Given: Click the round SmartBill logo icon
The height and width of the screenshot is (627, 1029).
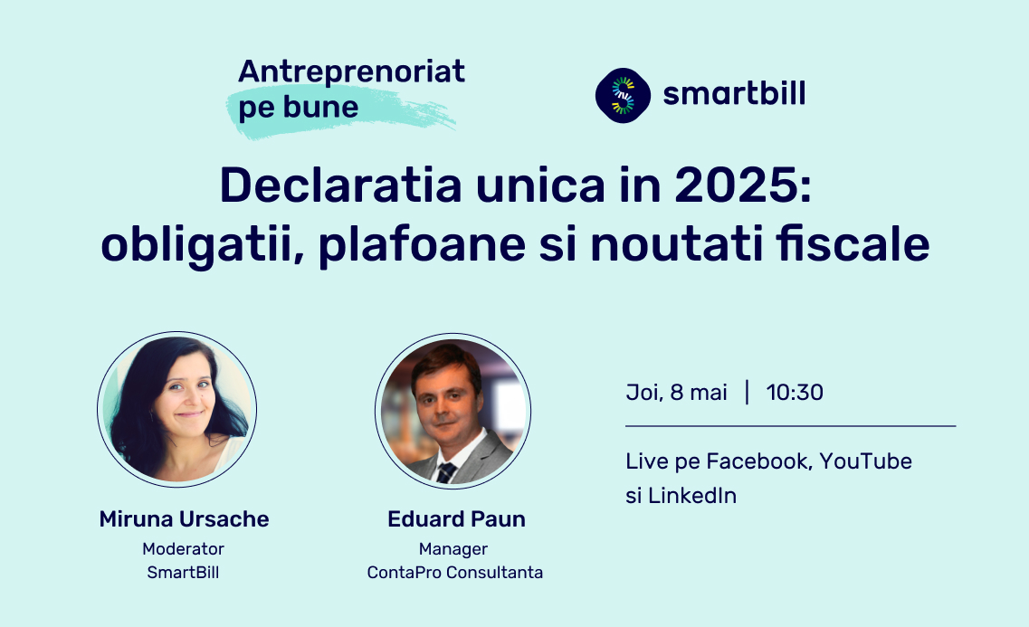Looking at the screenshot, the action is click(623, 95).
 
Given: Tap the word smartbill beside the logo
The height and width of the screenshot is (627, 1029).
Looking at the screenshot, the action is click(734, 93).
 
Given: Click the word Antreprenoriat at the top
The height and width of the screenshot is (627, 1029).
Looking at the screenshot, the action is click(351, 71).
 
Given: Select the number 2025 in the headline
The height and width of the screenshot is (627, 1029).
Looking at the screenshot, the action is click(737, 185).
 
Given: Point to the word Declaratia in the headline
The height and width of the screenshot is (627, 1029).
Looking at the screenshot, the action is click(340, 185).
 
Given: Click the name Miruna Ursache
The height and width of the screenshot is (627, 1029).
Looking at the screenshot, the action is click(184, 518).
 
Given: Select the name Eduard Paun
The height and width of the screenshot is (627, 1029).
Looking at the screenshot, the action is click(456, 518).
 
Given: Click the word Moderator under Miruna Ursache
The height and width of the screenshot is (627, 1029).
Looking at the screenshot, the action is click(183, 548).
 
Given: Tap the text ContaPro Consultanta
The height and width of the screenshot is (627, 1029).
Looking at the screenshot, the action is click(455, 572).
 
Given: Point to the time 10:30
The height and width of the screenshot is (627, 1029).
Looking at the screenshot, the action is click(795, 392).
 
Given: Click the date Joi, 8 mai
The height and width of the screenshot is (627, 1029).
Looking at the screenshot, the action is click(677, 392).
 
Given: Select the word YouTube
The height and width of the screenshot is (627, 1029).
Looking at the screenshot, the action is click(865, 461).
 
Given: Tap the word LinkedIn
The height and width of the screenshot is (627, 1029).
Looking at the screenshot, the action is click(692, 495).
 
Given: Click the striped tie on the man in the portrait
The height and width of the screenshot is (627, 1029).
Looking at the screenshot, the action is click(446, 472).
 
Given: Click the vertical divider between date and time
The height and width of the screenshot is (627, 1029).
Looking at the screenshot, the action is click(747, 392).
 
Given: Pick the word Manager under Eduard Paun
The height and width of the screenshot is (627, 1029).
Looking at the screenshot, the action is click(453, 549).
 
